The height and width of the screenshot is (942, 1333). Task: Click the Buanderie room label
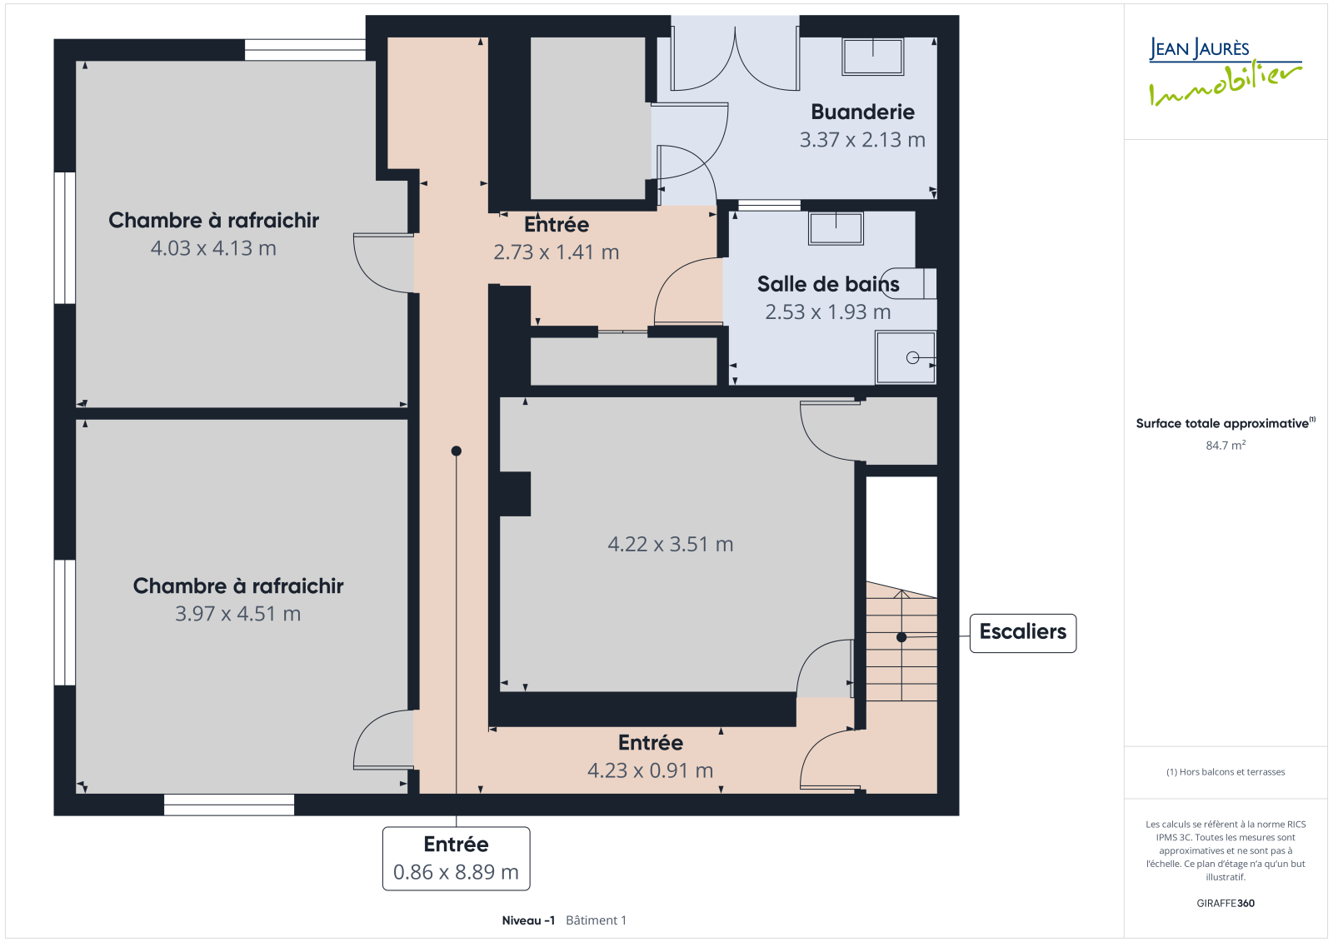[x=862, y=112]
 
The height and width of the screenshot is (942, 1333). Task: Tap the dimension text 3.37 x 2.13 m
[x=862, y=140]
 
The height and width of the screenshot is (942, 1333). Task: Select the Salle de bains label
[x=828, y=284]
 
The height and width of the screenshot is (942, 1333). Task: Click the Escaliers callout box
[x=1022, y=633]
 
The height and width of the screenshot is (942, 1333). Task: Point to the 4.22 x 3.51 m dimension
[x=670, y=544]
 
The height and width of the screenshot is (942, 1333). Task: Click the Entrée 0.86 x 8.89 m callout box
[x=456, y=858]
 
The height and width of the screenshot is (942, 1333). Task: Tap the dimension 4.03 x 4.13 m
[x=213, y=248]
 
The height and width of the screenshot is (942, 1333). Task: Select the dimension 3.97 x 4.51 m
[x=237, y=614]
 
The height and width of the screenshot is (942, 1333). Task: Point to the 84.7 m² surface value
[x=1226, y=445]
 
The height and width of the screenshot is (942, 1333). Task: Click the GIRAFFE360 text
[x=1226, y=903]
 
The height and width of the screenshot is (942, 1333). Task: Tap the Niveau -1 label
[x=528, y=920]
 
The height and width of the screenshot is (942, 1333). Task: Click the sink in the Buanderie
[x=872, y=57]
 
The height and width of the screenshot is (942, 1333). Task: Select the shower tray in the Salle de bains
[x=905, y=357]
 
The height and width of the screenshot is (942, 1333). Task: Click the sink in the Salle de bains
[x=836, y=228]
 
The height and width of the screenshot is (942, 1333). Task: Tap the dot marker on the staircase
[x=901, y=637]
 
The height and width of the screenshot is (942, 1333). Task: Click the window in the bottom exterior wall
[x=229, y=805]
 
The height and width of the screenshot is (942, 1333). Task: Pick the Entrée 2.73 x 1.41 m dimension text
[x=557, y=252]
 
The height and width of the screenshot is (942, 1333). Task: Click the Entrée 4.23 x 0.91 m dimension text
[x=650, y=770]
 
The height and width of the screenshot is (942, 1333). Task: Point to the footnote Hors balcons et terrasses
[x=1226, y=772]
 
